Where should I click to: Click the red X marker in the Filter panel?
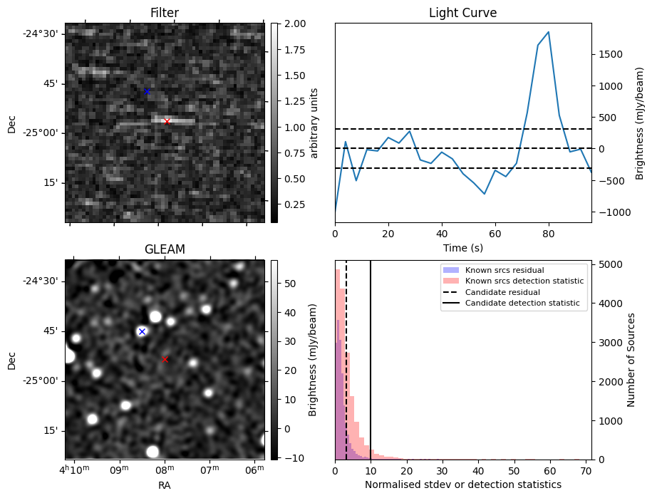167,121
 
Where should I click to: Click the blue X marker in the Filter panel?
147,91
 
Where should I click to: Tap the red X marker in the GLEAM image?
165,359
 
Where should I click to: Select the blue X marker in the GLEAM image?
142,331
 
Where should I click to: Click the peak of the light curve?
549,32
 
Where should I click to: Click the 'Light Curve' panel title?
462,13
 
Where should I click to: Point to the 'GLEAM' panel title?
165,249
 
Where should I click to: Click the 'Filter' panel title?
165,13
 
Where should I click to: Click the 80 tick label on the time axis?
549,234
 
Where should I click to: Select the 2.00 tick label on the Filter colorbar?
295,24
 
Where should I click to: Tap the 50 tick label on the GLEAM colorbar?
290,284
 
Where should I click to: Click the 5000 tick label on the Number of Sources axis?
611,265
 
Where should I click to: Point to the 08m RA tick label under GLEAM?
165,470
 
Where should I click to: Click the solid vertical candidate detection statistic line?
371,360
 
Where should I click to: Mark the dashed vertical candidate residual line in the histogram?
346,360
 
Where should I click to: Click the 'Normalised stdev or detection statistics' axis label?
462,484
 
